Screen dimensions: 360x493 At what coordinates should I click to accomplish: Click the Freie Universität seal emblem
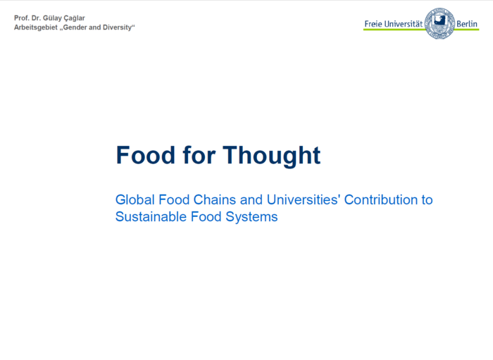point(439,23)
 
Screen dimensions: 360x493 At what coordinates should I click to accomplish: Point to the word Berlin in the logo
point(467,24)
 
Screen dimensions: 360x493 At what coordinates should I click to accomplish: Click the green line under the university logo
point(394,30)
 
